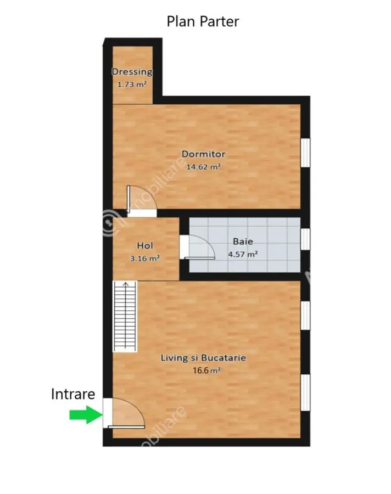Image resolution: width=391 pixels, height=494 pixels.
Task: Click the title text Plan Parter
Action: point(203,21)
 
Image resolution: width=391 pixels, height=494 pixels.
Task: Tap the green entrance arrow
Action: point(86,414)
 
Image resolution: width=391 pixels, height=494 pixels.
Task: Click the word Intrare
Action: point(73,394)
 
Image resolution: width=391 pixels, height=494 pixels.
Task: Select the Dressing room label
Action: point(132,72)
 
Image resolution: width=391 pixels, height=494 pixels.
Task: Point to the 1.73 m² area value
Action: point(132,85)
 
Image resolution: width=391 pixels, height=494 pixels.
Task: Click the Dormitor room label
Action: point(203,154)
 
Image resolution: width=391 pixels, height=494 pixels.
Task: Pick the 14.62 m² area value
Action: point(203,167)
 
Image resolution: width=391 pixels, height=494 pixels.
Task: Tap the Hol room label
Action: point(145,245)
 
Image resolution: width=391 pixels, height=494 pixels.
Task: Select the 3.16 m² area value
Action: point(145,259)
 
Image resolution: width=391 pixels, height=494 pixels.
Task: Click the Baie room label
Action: point(243,242)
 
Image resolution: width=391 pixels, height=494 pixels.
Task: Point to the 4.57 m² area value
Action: point(243,254)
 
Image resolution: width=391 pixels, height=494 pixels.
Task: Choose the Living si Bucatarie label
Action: point(203,357)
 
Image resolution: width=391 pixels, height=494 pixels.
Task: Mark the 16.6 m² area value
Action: point(207,370)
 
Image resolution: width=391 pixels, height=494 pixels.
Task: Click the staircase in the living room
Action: point(125,316)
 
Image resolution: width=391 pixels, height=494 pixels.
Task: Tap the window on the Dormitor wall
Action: point(305,153)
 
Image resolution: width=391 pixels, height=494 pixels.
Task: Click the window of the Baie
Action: point(305,239)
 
